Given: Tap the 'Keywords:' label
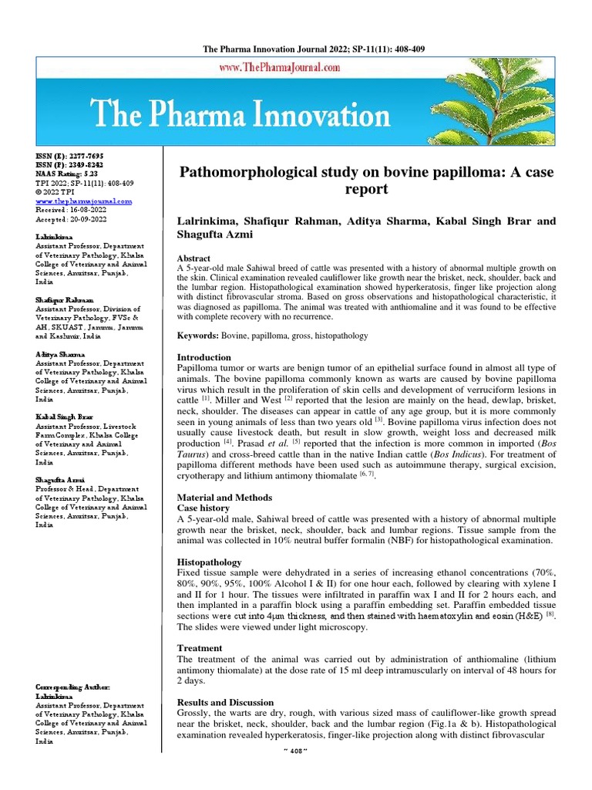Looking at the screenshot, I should [x=198, y=336].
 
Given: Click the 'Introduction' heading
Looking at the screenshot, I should [x=204, y=358].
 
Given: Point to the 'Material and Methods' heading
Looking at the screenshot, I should [x=225, y=498].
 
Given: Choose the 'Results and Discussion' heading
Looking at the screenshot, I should [x=226, y=702].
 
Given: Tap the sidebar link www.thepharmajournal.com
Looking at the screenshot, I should [x=84, y=201].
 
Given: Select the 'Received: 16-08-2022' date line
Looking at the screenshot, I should [x=73, y=209].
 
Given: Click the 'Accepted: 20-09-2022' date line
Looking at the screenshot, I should [x=73, y=218].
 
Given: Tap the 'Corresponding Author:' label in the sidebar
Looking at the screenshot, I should [x=74, y=687].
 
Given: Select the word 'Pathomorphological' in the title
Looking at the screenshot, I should [x=262, y=171].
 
